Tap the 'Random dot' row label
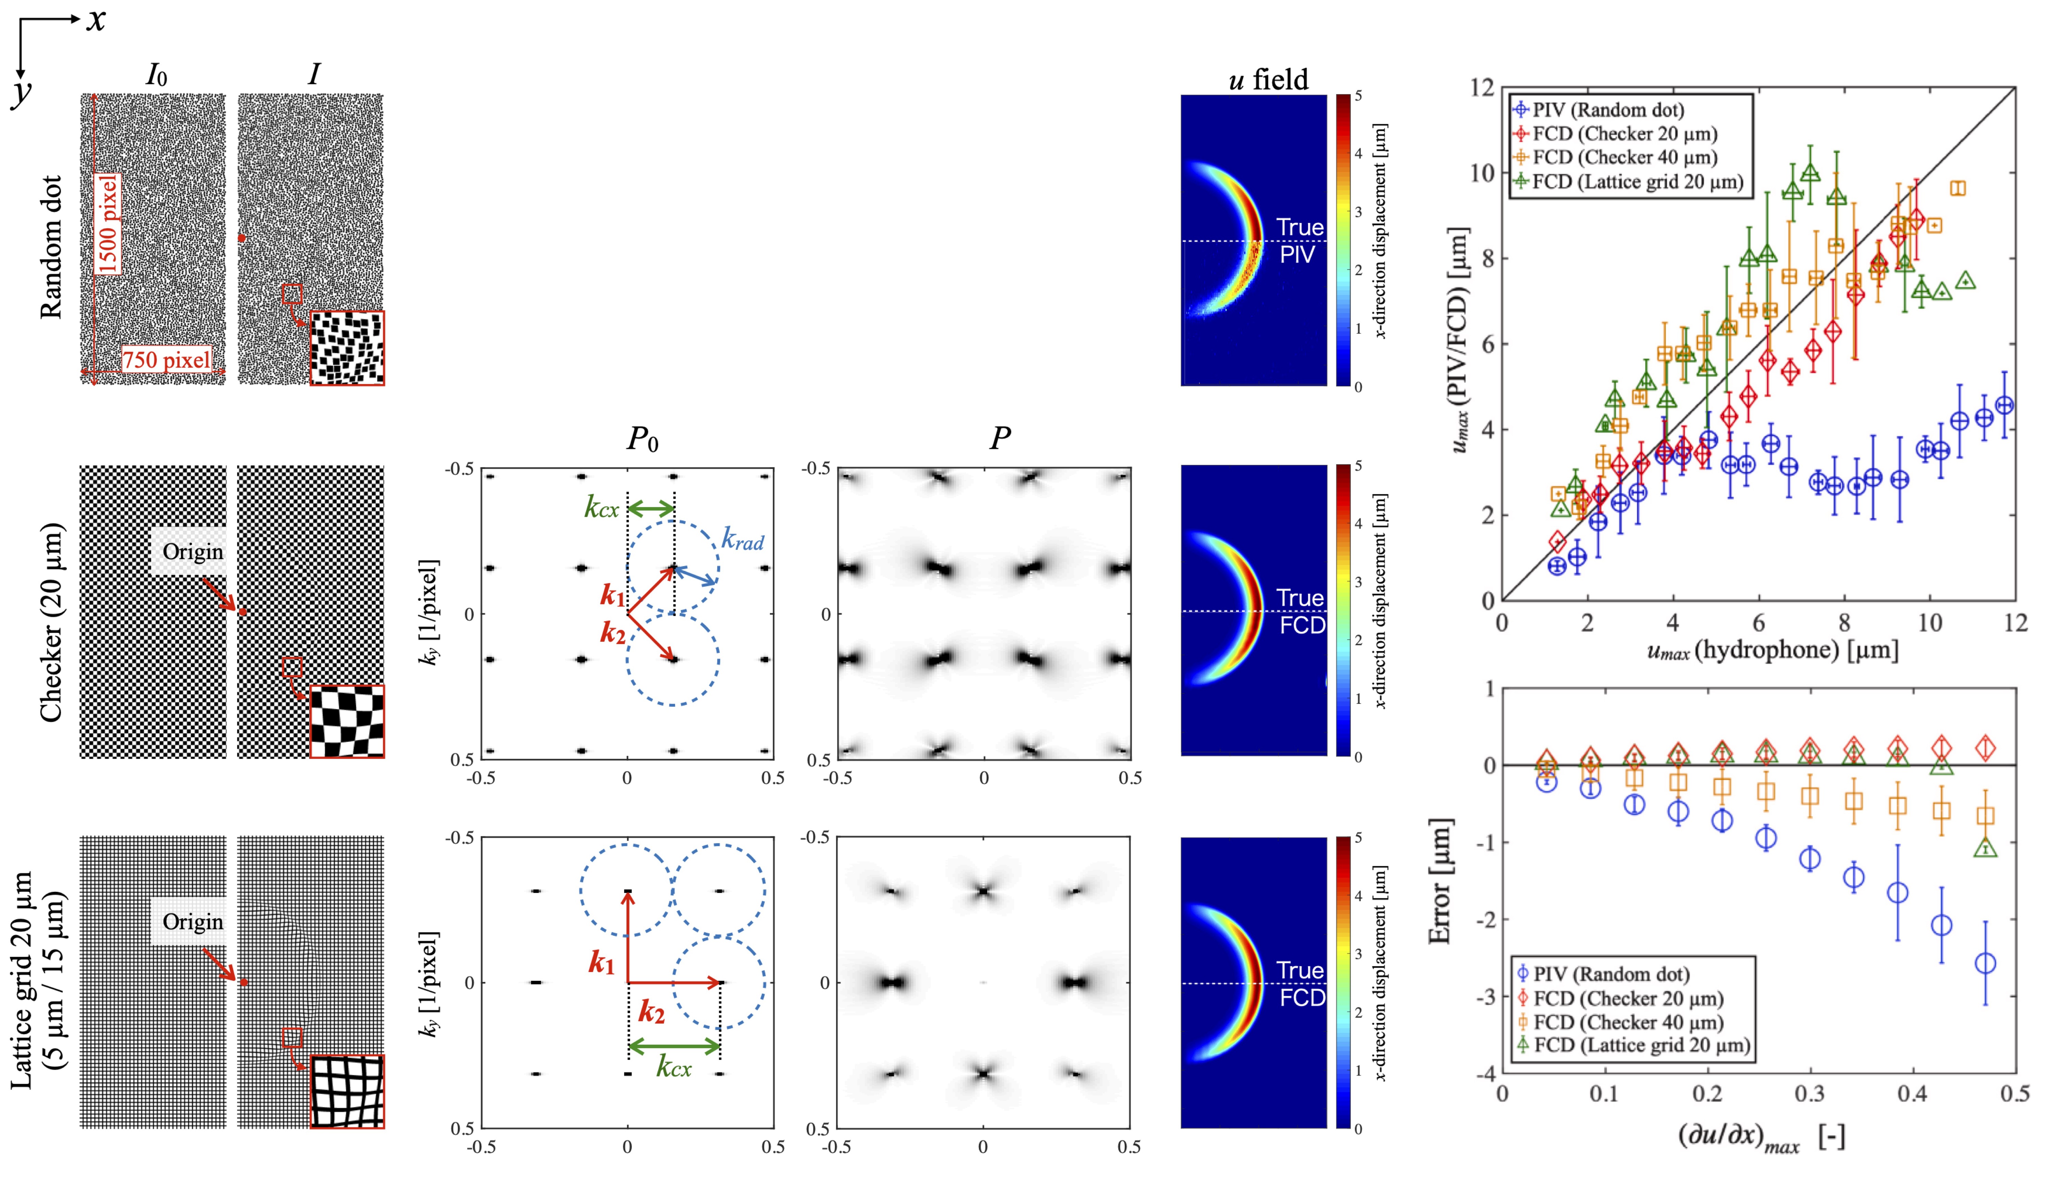tap(50, 247)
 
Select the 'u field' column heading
tap(1267, 79)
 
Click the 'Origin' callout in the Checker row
tap(192, 552)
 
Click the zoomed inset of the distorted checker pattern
tap(348, 721)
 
